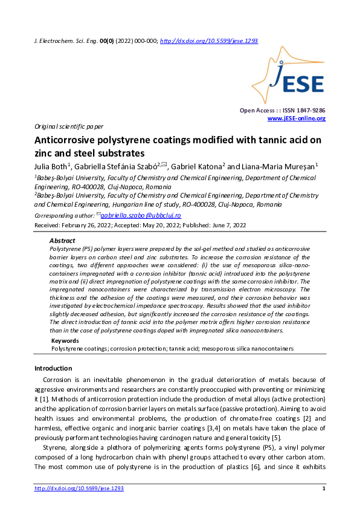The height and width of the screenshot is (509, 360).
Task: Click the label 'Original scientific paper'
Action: [69, 127]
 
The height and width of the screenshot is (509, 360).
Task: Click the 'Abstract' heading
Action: [62, 240]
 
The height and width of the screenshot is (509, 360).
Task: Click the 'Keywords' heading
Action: [65, 341]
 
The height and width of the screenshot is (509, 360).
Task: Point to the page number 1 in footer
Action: [324, 488]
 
